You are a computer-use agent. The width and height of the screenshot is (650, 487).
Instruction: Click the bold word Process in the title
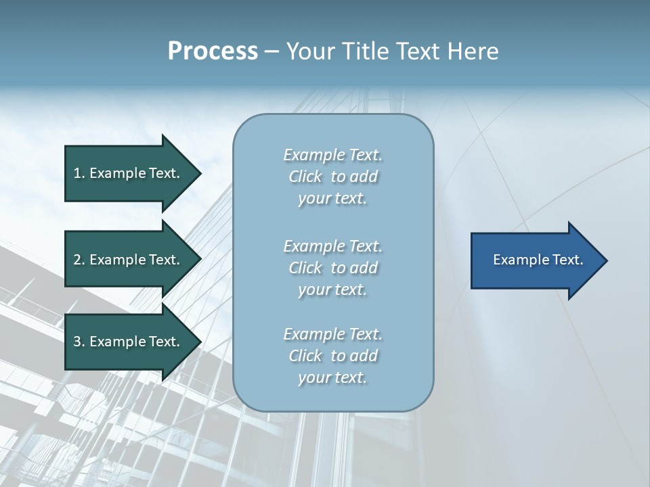pos(213,51)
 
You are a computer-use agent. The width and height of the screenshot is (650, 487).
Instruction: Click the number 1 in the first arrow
pos(77,173)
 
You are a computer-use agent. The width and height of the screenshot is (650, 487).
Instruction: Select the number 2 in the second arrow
pos(77,260)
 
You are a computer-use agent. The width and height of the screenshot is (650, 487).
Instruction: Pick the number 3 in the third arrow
pos(77,342)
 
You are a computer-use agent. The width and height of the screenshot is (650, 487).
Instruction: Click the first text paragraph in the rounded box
pos(332,177)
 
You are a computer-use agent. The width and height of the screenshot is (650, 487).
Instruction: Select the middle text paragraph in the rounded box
pos(332,268)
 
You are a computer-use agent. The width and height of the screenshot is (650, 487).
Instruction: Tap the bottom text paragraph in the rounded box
pos(332,356)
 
